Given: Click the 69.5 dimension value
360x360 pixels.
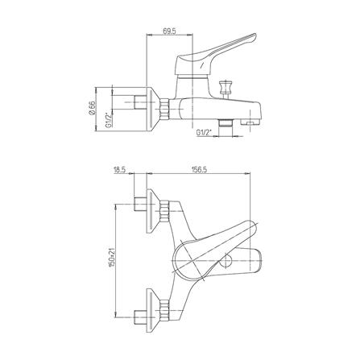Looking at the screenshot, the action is pyautogui.click(x=169, y=31).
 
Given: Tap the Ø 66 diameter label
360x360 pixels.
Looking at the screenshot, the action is pyautogui.click(x=91, y=108).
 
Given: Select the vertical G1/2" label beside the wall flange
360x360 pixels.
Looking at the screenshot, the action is pyautogui.click(x=109, y=121).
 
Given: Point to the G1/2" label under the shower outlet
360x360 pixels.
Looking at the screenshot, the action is pyautogui.click(x=204, y=132).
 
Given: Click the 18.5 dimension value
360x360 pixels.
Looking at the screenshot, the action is pyautogui.click(x=120, y=170).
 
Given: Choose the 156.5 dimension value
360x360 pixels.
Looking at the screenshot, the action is pyautogui.click(x=199, y=170).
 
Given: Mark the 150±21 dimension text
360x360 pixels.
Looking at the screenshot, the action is pyautogui.click(x=112, y=257).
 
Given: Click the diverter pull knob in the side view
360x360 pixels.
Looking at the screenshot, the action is pyautogui.click(x=225, y=86).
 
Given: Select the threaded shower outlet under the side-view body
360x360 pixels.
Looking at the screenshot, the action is pyautogui.click(x=225, y=122).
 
